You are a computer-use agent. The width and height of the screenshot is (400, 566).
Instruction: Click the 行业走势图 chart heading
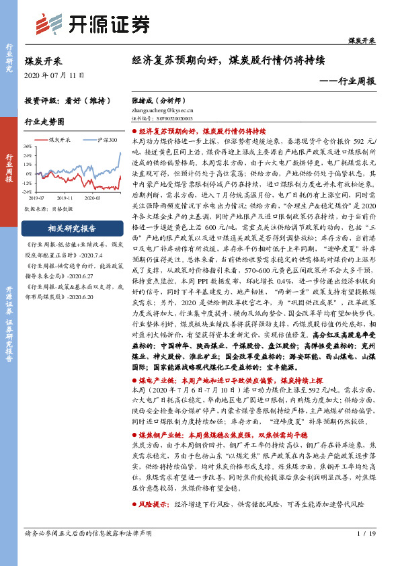click(44, 122)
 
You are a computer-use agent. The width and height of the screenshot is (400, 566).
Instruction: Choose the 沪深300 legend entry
click(104, 140)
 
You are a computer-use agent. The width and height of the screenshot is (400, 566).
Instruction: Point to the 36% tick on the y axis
click(28, 145)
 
